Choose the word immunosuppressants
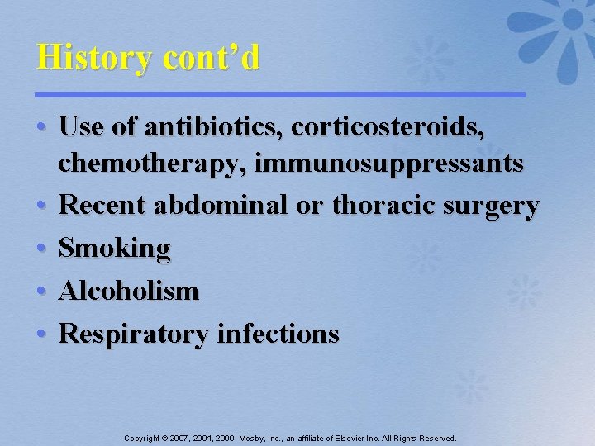pos(388,164)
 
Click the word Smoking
pos(115,249)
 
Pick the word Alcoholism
pos(129,291)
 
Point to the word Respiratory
pos(134,334)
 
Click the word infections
pos(277,334)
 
